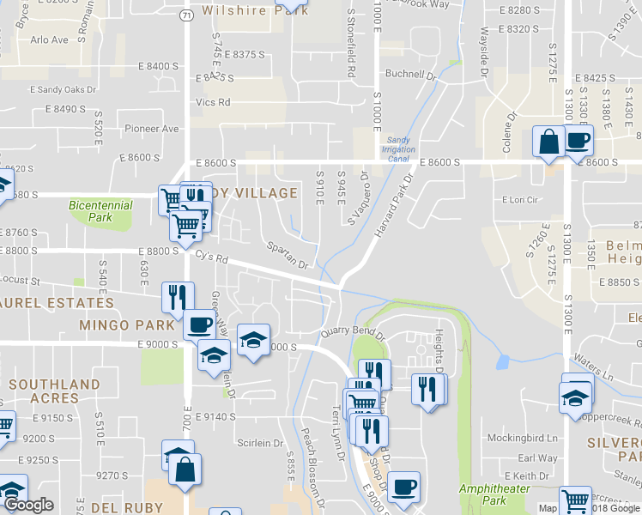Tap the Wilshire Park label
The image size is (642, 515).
[x=243, y=11]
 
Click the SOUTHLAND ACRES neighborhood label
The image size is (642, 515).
[x=54, y=391]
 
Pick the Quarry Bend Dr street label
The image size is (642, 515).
[x=349, y=331]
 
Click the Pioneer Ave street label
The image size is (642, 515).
[x=152, y=129]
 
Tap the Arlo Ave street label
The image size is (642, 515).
[x=49, y=40]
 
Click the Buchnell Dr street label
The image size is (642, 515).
[x=410, y=73]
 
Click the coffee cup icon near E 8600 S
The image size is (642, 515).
[x=578, y=140]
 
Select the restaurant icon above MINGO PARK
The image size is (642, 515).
[x=176, y=297]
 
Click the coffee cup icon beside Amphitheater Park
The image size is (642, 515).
[x=403, y=487]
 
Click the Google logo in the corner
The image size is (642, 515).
[x=28, y=505]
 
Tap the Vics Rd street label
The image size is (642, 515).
[x=213, y=102]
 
